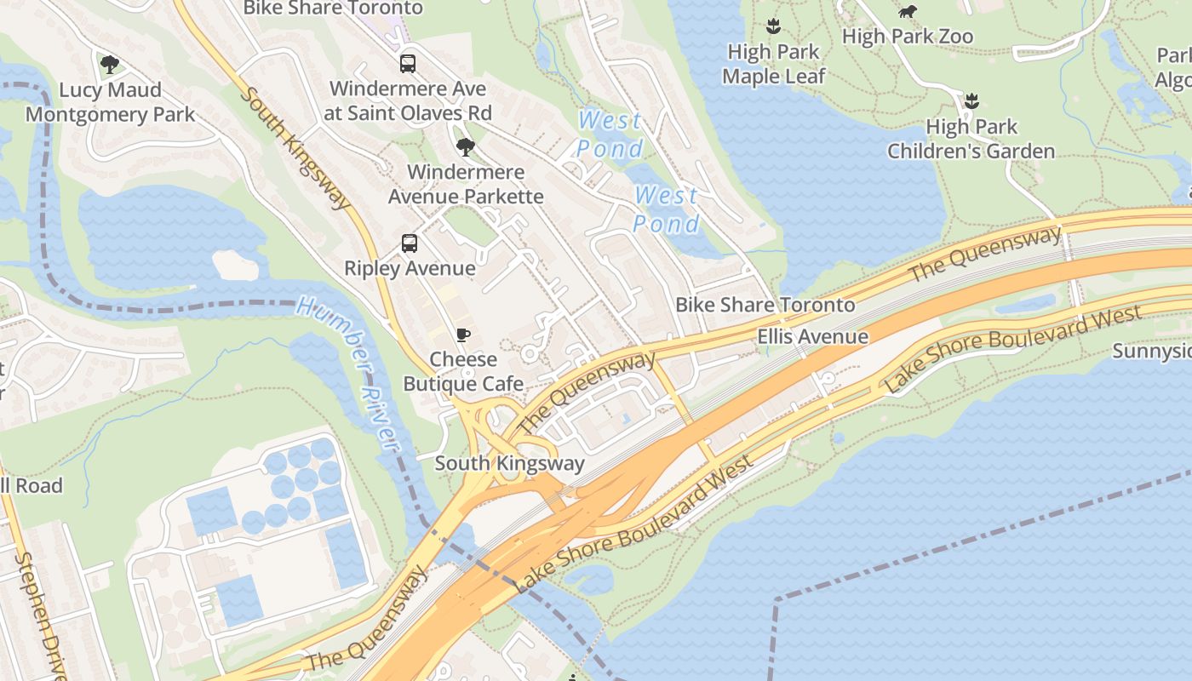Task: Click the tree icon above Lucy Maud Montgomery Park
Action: [109, 64]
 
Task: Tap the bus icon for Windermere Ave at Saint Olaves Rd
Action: [408, 63]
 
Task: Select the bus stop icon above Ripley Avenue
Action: [410, 243]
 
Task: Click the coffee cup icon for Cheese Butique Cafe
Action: [462, 335]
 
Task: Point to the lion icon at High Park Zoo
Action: [908, 11]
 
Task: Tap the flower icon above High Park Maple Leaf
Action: [773, 26]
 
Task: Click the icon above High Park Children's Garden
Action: [971, 101]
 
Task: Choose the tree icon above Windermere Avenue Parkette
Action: [465, 147]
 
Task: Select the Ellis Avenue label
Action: [813, 336]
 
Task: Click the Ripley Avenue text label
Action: [410, 268]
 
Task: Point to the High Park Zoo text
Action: [908, 37]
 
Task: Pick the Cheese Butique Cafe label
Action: [463, 371]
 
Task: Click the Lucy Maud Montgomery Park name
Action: [110, 102]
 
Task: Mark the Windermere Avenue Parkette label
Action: [466, 184]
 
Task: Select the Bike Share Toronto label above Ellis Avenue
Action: [765, 305]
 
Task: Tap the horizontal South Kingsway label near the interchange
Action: [509, 463]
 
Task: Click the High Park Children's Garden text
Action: [971, 139]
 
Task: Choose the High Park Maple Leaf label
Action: [773, 64]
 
